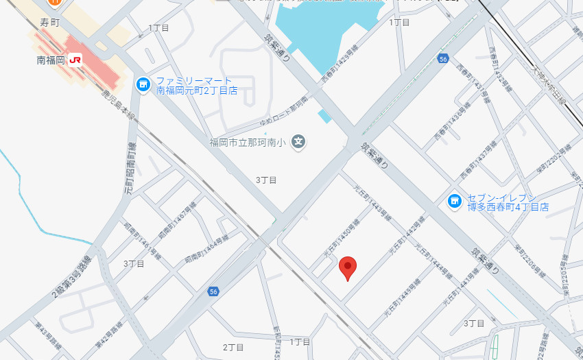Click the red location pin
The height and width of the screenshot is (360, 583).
(348, 268)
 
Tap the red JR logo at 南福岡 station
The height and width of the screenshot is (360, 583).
(75, 60)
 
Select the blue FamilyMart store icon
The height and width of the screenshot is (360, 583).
(143, 84)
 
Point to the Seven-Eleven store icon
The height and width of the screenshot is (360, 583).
(454, 201)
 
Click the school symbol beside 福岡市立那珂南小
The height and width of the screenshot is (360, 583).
(298, 142)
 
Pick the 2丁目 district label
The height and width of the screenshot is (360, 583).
(234, 347)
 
